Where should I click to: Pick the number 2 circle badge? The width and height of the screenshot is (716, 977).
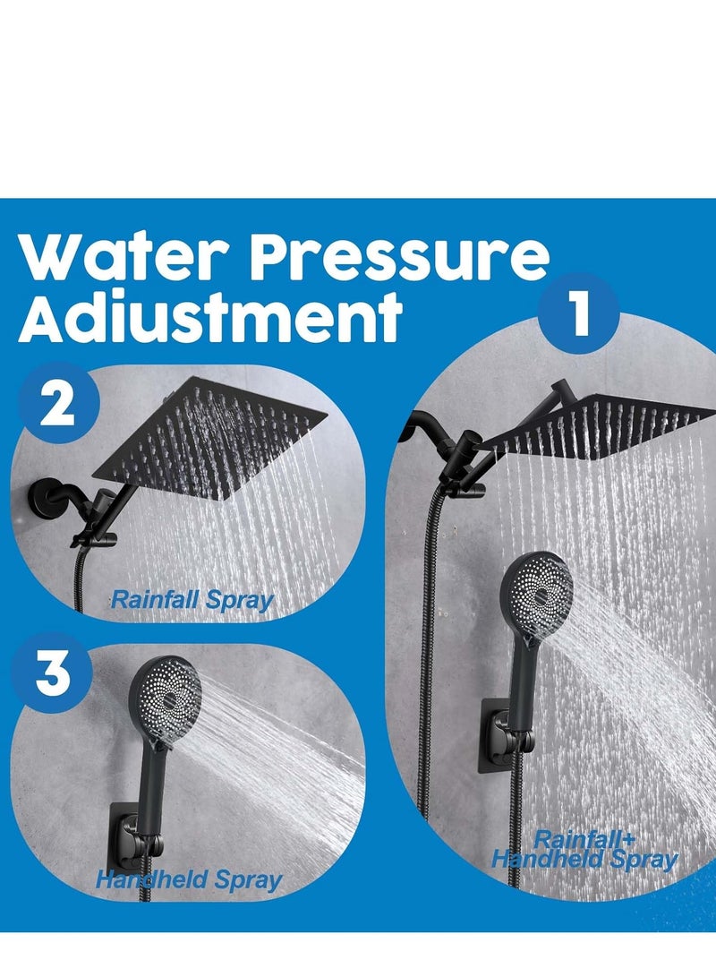(x=56, y=408)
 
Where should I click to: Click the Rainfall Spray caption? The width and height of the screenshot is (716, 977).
(x=191, y=599)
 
